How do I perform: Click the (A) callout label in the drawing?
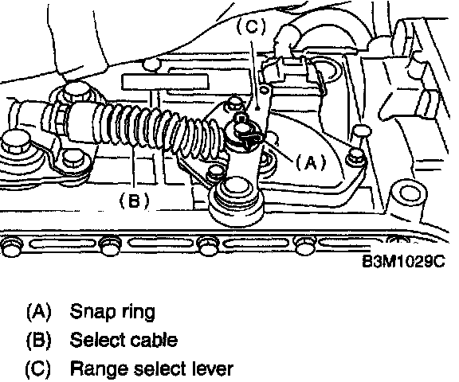(311, 162)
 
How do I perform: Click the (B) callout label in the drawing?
(135, 201)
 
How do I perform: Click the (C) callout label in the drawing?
(251, 26)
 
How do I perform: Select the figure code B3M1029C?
(404, 261)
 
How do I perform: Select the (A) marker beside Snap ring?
(38, 311)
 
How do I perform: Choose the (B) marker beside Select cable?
(38, 340)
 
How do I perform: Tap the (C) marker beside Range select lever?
(38, 368)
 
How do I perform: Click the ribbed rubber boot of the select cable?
(158, 130)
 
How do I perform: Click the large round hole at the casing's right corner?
(409, 194)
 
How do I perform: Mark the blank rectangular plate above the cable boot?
(166, 81)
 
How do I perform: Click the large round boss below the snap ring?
(237, 201)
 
